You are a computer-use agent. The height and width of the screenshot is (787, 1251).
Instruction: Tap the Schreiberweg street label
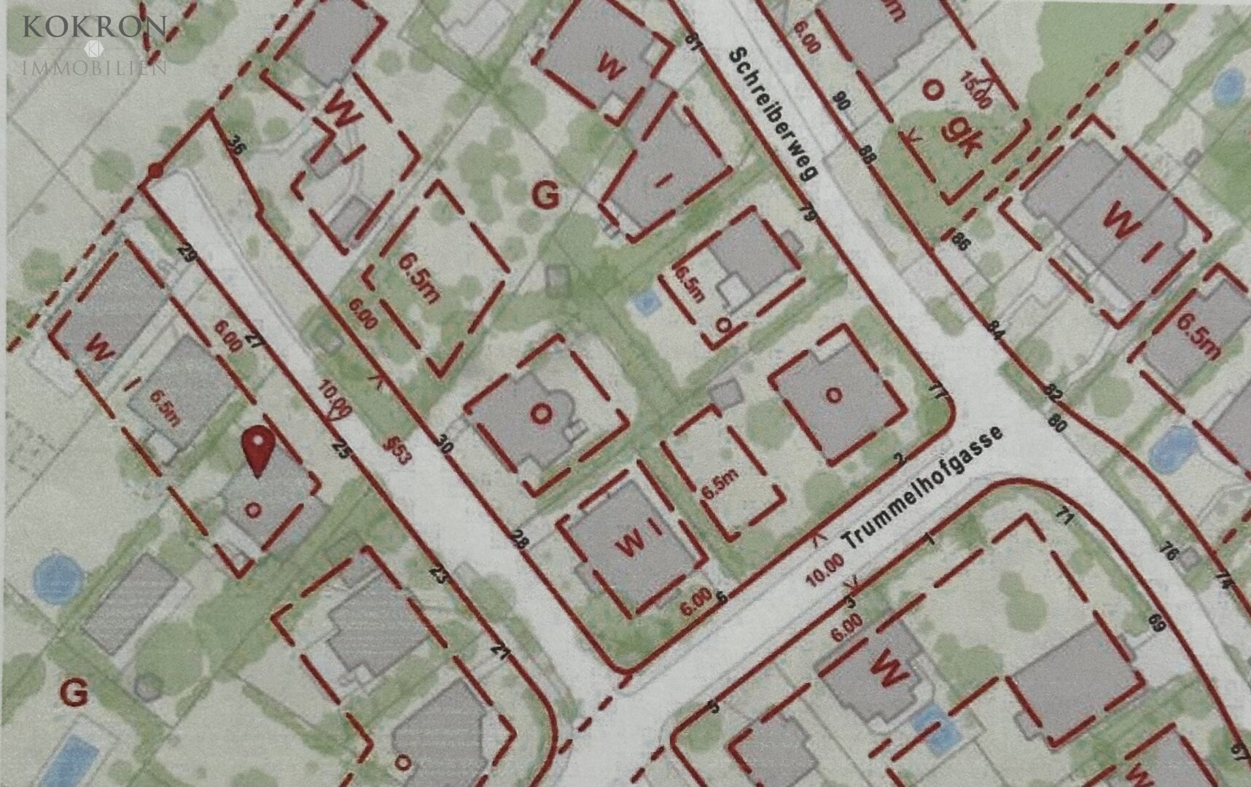pos(773,116)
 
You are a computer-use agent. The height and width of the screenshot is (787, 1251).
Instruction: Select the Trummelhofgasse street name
pos(924,489)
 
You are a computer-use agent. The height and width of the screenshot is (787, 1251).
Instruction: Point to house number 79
pos(806,213)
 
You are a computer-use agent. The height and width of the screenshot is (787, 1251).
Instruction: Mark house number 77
pos(938,391)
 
